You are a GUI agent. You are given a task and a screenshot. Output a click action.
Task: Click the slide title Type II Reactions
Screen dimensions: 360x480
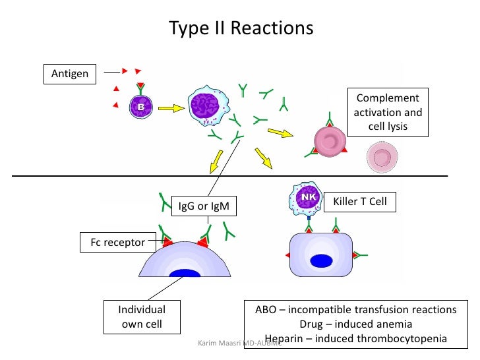point(241,29)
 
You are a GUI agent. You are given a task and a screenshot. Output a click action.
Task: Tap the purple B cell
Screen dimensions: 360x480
point(139,106)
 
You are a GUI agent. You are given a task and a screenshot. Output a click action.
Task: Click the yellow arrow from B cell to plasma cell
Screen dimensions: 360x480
point(169,107)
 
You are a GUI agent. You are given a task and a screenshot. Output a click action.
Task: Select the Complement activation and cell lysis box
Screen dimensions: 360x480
point(388,111)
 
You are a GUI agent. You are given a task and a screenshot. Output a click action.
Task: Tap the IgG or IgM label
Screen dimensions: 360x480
point(203,206)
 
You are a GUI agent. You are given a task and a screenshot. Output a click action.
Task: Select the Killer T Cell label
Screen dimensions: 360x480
point(360,201)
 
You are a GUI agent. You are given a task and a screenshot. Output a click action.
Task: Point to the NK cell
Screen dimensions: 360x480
point(308,199)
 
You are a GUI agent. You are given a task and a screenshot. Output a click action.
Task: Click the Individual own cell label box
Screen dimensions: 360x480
point(142,316)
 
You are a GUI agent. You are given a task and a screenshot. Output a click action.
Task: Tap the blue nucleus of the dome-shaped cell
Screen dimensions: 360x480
point(185,273)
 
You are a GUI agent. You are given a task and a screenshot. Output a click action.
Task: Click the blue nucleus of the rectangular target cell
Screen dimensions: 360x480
point(321,260)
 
